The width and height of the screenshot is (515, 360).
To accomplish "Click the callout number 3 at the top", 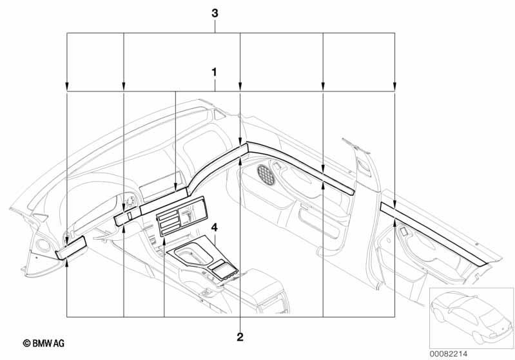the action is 215,14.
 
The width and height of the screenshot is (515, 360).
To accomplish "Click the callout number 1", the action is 215,72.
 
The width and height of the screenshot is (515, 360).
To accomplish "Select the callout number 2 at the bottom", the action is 240,337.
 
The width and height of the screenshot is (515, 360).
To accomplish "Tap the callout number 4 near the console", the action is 214,227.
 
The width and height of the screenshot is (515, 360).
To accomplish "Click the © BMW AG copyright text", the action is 44,343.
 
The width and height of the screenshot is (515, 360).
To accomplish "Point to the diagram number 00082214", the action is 449,354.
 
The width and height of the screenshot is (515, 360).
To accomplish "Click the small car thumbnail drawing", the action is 471,317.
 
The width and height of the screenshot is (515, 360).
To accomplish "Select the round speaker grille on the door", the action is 266,175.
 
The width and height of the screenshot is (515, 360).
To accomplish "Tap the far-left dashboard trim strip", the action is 71,247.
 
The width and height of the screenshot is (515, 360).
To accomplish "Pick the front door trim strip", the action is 300,167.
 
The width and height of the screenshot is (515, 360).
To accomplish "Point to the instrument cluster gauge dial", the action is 130,202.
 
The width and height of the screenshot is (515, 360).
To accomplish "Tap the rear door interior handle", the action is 403,232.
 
